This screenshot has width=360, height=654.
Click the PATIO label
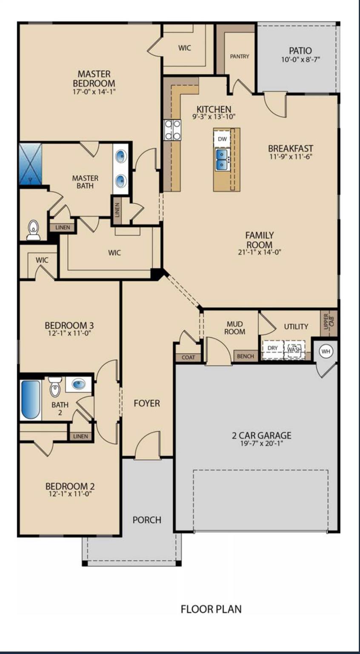point(300,51)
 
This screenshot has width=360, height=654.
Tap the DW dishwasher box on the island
point(222,139)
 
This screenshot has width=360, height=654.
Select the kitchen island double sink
point(222,159)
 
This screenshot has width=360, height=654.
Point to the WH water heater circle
point(326,351)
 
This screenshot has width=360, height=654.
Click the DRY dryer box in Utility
point(272,348)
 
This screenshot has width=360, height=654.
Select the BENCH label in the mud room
point(245,356)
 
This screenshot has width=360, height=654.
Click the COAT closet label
point(188,358)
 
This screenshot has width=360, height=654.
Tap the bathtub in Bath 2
point(31,400)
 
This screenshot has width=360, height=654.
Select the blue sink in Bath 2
point(78,384)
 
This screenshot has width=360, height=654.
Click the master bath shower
point(31,164)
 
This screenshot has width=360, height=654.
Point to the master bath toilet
point(33,229)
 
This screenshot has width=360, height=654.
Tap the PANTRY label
point(240,56)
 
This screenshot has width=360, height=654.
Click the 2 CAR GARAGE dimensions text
point(262,444)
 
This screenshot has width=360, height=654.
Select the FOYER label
point(147,403)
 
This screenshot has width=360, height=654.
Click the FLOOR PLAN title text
point(211,609)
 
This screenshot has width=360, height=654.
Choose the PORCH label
point(147,520)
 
